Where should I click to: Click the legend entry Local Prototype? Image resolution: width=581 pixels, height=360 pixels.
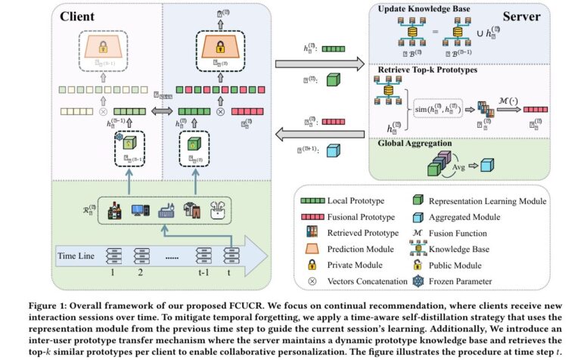click(355, 200)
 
